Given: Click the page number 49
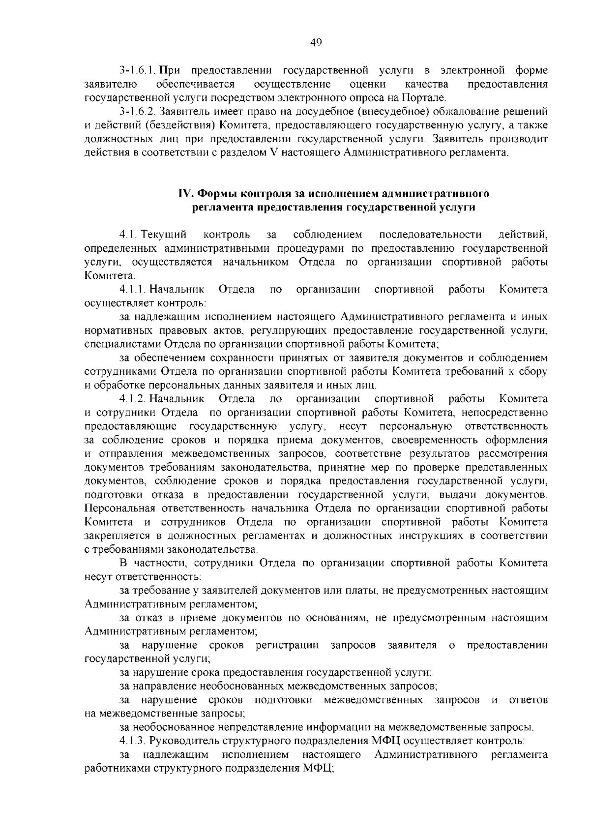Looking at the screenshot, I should tap(316, 43).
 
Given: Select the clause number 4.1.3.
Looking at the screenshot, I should tap(133, 741).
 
